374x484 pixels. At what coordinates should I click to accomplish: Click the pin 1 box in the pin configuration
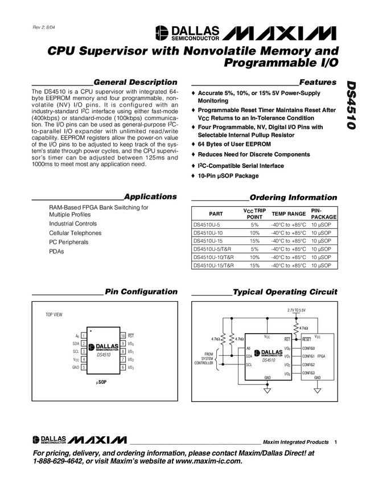pos(83,337)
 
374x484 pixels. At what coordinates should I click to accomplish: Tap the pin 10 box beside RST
pos(123,337)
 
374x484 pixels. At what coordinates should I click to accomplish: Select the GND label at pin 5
pos(76,368)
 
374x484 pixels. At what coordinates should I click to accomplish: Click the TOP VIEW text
pos(54,315)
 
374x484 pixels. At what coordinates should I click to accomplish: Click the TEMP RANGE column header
pos(289,214)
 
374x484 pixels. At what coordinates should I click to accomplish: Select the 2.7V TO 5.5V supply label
pos(296,310)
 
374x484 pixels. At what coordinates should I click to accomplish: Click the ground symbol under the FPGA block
pos(317,391)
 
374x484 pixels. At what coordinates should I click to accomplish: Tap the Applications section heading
pos(150,196)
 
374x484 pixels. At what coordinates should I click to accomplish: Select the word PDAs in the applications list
pos(56,251)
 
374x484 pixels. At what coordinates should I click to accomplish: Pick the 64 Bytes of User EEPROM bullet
pos(234,145)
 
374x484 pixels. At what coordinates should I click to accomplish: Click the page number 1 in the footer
pos(336,442)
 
